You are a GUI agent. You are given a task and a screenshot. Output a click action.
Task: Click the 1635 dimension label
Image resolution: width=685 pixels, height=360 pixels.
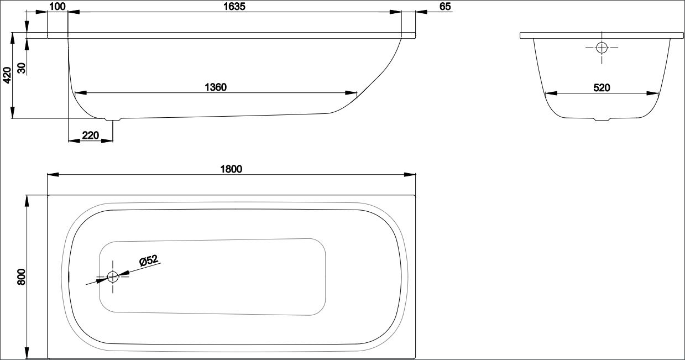234,7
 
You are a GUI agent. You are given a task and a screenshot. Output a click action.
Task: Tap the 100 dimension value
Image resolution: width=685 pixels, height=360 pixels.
57,7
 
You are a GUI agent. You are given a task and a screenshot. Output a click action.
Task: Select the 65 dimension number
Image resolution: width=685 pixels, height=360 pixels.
445,7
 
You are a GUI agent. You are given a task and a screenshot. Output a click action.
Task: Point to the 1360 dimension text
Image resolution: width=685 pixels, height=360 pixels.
216,87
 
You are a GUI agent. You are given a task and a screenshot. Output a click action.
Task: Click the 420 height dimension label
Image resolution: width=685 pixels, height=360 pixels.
7,75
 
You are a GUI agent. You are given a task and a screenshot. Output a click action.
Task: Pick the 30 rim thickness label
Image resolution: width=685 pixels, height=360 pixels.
22,68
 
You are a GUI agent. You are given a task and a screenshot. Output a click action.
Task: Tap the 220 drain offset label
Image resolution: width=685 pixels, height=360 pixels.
91,135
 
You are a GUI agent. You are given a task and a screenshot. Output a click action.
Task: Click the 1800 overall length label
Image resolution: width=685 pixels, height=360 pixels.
231,169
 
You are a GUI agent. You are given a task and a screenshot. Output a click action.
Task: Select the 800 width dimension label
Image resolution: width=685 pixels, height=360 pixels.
22,277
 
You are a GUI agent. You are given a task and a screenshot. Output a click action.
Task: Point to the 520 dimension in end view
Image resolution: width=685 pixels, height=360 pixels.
602,88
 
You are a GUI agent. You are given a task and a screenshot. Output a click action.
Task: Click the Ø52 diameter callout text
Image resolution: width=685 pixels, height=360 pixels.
149,260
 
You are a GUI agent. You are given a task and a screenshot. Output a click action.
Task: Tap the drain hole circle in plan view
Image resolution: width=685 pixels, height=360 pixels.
113,277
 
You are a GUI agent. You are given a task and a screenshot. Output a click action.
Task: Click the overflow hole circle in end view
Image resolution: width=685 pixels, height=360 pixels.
602,48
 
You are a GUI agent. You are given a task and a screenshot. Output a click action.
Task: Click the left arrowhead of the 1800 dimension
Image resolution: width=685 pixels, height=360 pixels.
53,175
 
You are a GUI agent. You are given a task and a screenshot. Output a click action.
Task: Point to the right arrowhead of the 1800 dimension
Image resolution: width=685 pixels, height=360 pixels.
410,175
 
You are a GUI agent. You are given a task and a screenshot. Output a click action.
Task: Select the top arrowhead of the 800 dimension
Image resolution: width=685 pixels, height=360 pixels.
27,201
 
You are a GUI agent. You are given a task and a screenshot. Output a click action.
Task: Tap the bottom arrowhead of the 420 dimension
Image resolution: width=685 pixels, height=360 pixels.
12,112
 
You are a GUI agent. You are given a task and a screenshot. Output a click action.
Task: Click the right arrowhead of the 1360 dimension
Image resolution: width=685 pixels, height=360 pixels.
351,93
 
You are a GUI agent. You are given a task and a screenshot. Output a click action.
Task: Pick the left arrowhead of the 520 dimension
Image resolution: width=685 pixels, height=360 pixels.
551,93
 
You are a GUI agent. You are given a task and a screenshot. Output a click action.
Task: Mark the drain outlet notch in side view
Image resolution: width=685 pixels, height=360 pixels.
113,119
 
